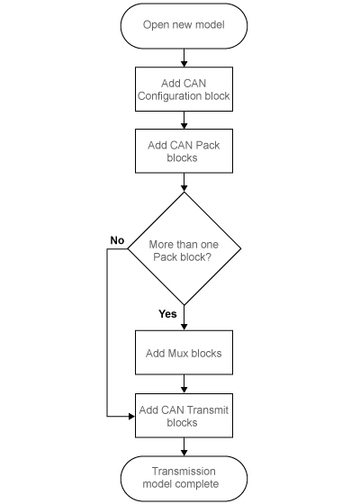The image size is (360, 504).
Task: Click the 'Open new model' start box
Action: pyautogui.click(x=184, y=24)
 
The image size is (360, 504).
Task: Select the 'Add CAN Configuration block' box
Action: pyautogui.click(x=184, y=88)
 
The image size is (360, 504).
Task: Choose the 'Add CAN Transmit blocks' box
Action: pyautogui.click(x=184, y=416)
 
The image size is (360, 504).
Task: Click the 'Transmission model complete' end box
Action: pyautogui.click(x=184, y=478)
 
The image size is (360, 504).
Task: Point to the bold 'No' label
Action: pyautogui.click(x=117, y=240)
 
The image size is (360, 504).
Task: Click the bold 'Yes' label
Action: pyautogui.click(x=167, y=314)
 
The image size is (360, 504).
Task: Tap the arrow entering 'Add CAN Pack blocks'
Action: pyautogui.click(x=184, y=121)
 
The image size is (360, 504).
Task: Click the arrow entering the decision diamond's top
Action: pyautogui.click(x=184, y=184)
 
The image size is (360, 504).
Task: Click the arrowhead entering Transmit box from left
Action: pyautogui.click(x=131, y=416)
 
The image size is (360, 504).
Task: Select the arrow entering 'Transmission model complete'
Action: pyautogui.click(x=184, y=447)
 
